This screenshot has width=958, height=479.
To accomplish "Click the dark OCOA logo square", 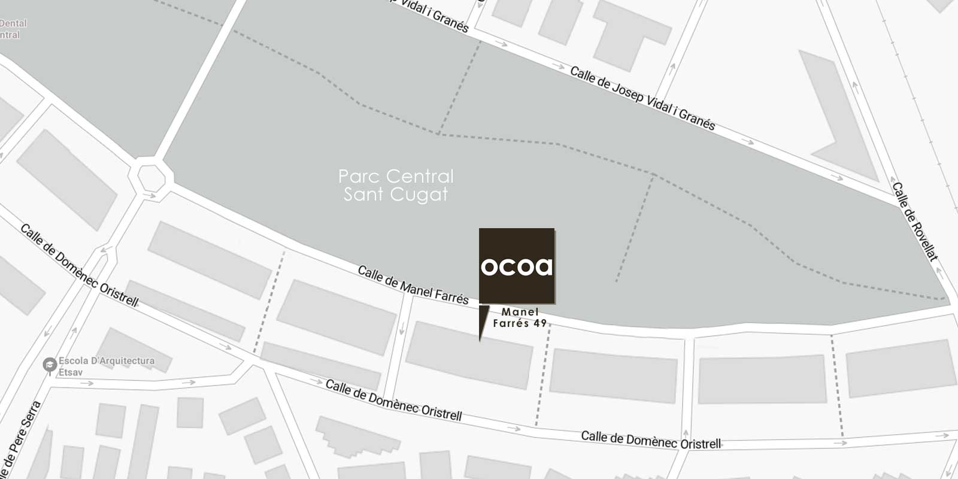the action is [x=516, y=265].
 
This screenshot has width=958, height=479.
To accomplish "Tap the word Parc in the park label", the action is [x=358, y=177].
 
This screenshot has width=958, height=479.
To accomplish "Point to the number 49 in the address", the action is [x=539, y=323].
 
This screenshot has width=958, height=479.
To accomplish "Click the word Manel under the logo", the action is [x=520, y=312].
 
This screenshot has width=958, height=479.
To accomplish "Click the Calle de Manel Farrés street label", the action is [x=413, y=285].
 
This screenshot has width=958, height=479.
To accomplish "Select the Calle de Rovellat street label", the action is [x=914, y=221].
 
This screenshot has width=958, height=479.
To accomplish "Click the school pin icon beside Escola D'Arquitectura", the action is [x=50, y=364].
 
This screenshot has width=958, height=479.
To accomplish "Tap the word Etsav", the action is [x=71, y=372].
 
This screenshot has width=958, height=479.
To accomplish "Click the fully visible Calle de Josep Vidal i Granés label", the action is [x=642, y=98].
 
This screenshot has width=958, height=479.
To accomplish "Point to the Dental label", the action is [x=13, y=24].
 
